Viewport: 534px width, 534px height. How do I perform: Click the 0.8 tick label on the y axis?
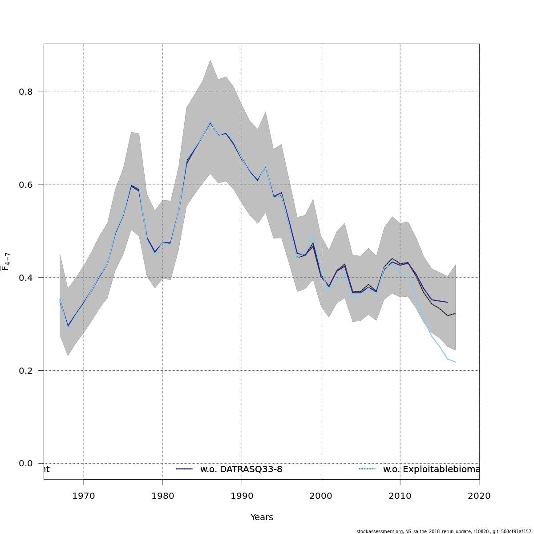(25, 92)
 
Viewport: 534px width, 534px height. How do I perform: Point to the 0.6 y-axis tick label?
(25, 185)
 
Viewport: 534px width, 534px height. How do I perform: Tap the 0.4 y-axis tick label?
(25, 278)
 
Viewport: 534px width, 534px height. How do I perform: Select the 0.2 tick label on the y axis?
(25, 371)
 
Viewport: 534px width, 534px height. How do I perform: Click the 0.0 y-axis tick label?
(25, 464)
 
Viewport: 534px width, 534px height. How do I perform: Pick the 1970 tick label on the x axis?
(84, 496)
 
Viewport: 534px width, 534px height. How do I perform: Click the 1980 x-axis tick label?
(163, 496)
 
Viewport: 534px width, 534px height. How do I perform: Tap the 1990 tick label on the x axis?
(242, 496)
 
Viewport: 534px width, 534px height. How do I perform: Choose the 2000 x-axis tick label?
(321, 496)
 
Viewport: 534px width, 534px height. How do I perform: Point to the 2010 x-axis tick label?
(400, 496)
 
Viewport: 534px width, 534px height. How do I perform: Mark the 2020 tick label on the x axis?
(479, 496)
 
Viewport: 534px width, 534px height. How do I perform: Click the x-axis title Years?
(262, 518)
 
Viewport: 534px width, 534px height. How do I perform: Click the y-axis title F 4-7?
(6, 261)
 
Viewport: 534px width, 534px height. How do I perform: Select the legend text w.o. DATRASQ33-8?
(241, 469)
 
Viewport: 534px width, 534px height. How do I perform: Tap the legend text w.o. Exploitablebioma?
(431, 469)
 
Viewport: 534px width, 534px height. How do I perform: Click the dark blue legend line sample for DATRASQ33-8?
(184, 469)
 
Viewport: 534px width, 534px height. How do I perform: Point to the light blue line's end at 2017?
(455, 362)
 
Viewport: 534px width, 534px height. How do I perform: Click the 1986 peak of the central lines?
(210, 122)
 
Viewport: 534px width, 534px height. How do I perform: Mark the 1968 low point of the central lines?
(68, 326)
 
